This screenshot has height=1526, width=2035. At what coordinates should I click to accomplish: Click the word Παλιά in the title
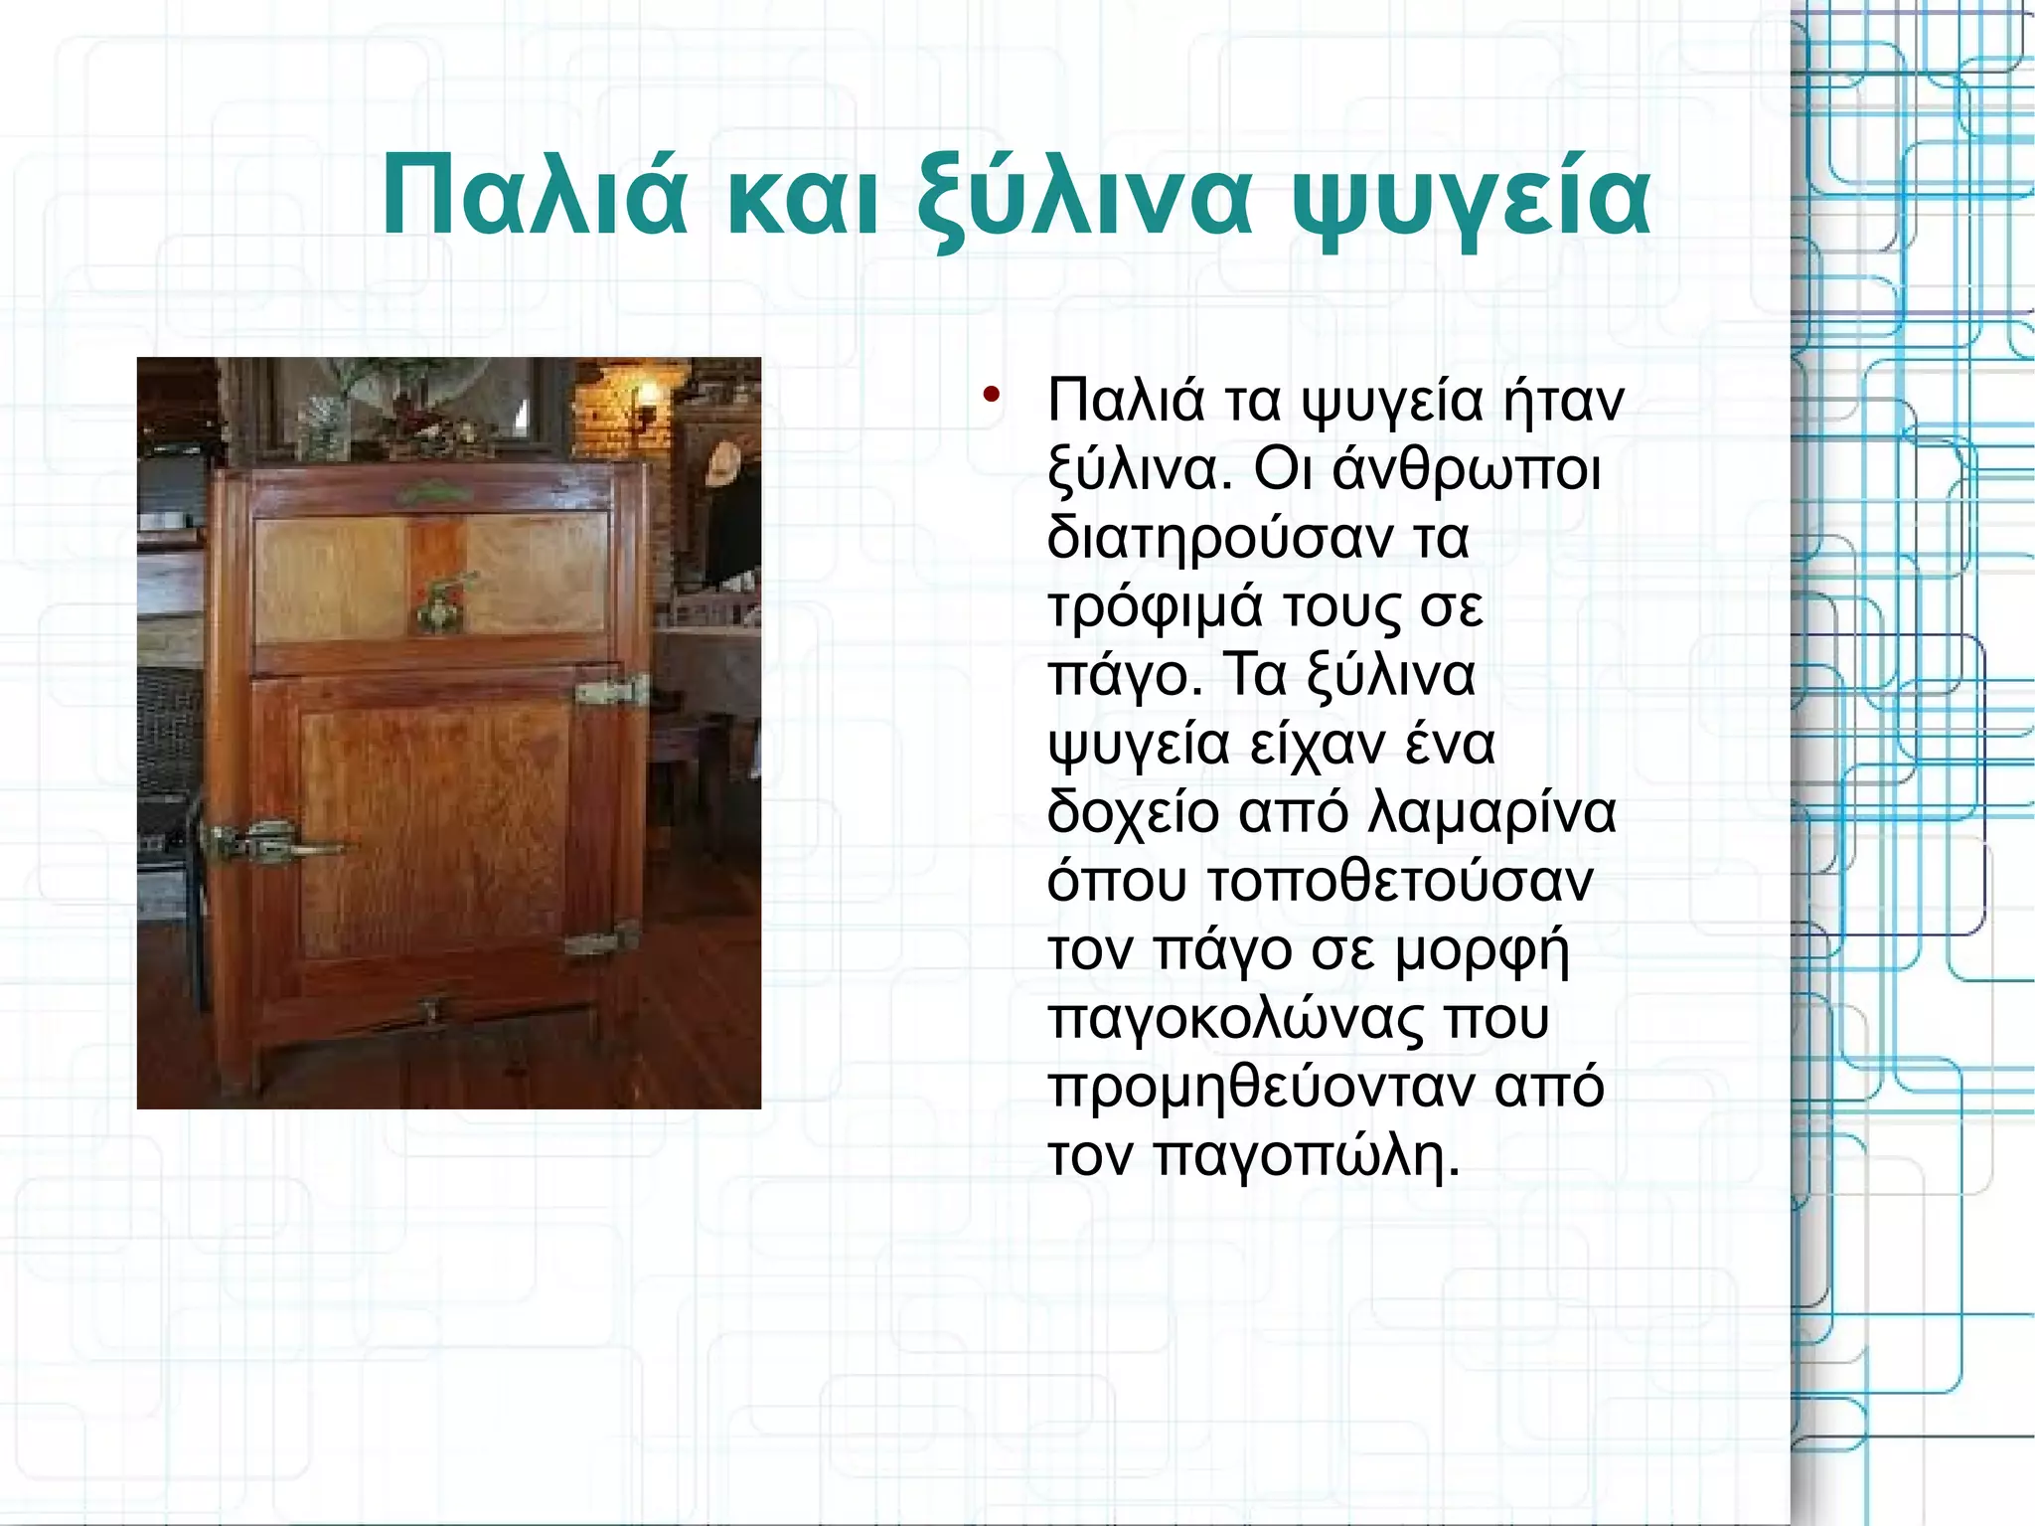534,197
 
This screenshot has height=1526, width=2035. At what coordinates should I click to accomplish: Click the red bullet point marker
990,395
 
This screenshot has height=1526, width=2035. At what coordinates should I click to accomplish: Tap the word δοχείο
1133,813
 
